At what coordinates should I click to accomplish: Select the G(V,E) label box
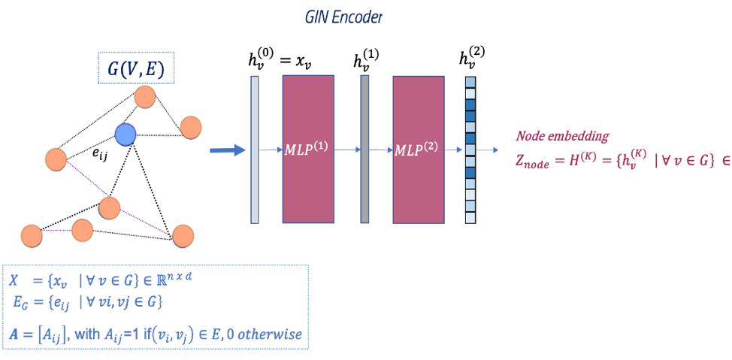pyautogui.click(x=136, y=68)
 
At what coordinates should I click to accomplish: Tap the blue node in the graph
pyautogui.click(x=126, y=135)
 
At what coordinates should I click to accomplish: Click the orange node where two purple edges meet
pyautogui.click(x=110, y=207)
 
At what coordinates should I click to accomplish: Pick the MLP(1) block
pyautogui.click(x=307, y=149)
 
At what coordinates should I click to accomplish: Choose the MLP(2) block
pyautogui.click(x=417, y=149)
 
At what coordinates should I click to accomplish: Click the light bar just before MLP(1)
pyautogui.click(x=255, y=149)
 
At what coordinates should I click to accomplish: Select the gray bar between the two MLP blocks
pyautogui.click(x=364, y=149)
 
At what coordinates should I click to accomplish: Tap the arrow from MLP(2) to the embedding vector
pyautogui.click(x=453, y=150)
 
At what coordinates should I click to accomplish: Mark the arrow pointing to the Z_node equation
pyautogui.click(x=488, y=150)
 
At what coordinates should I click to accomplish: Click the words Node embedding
pyautogui.click(x=562, y=136)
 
